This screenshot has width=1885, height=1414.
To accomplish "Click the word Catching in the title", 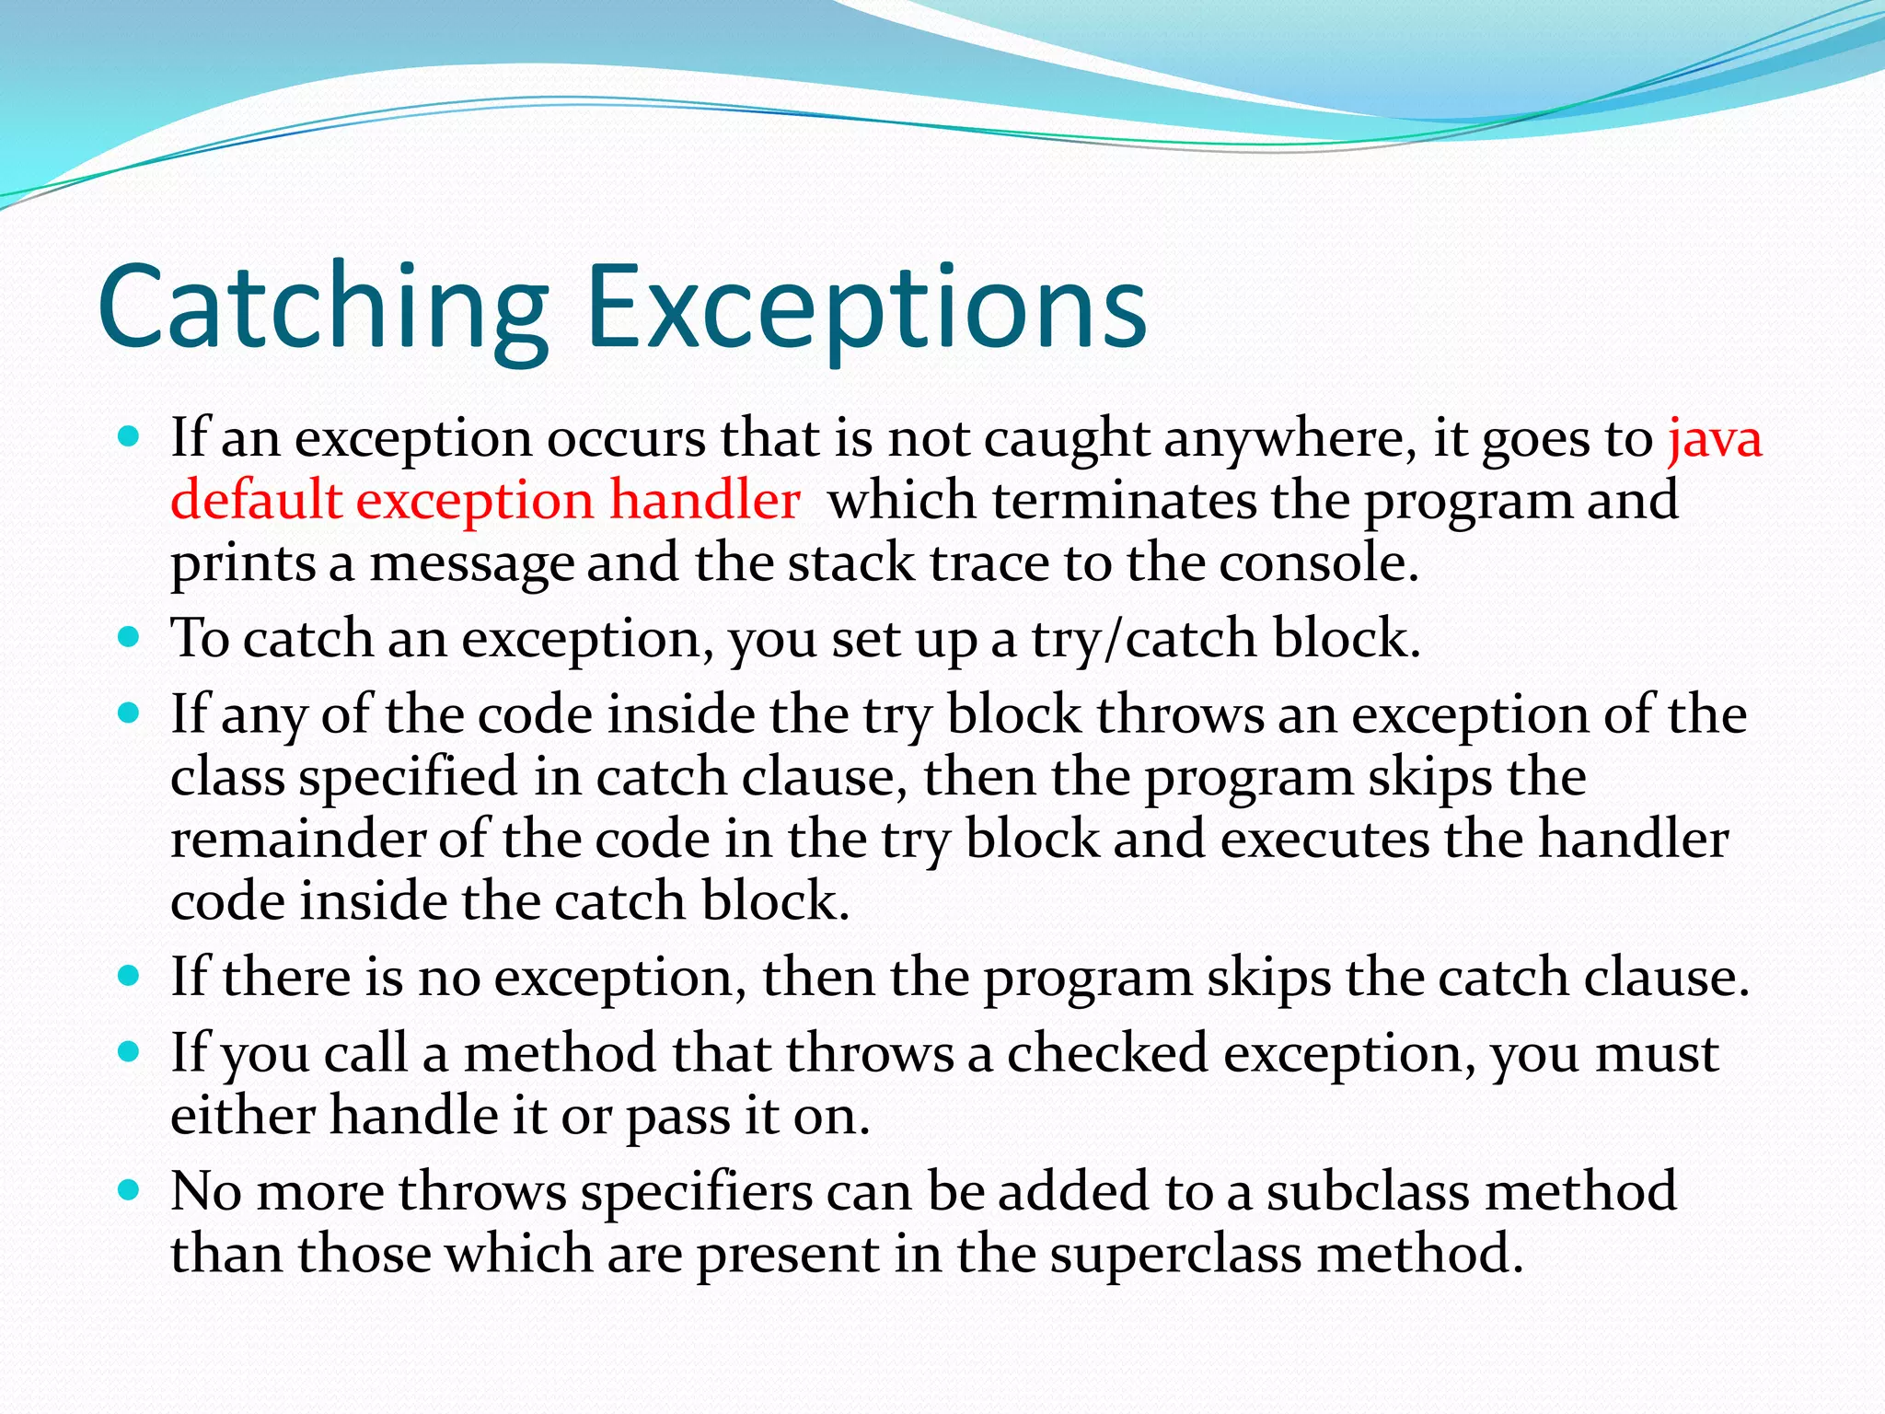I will [x=323, y=308].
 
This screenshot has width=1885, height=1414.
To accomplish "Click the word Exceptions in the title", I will [x=866, y=308].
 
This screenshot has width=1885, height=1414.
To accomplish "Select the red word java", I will [x=1715, y=439].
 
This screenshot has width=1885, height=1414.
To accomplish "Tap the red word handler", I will [x=705, y=502].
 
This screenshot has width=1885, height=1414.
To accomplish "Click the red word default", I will [x=256, y=502].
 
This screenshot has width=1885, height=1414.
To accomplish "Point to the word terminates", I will [x=1123, y=502].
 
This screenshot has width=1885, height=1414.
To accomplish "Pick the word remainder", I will [x=297, y=840].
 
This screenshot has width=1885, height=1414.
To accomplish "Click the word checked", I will [x=1106, y=1053].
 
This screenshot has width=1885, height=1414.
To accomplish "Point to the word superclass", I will [x=1175, y=1255].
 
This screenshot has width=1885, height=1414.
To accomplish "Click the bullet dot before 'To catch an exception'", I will [x=129, y=636].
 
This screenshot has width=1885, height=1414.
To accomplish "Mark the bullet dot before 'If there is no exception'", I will [x=129, y=975].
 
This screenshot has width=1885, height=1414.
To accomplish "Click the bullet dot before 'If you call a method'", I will [x=129, y=1051].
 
